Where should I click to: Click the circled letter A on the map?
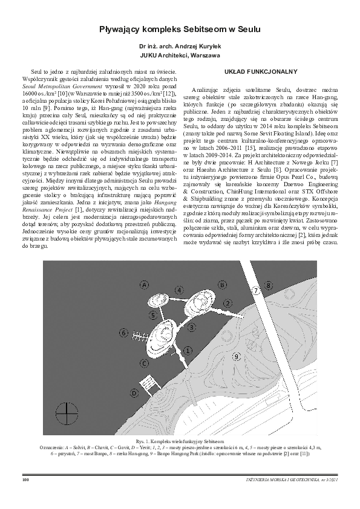pyautogui.click(x=144, y=284)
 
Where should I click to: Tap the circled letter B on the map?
pyautogui.click(x=223, y=284)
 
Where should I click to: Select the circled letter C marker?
pyautogui.click(x=144, y=363)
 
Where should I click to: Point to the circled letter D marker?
pyautogui.click(x=134, y=392)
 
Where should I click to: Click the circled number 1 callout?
pyautogui.click(x=188, y=350)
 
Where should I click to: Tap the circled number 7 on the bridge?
pyautogui.click(x=256, y=290)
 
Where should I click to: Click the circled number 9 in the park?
pyautogui.click(x=235, y=356)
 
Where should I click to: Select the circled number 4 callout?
pyautogui.click(x=180, y=291)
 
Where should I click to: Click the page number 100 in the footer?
pyautogui.click(x=25, y=480)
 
